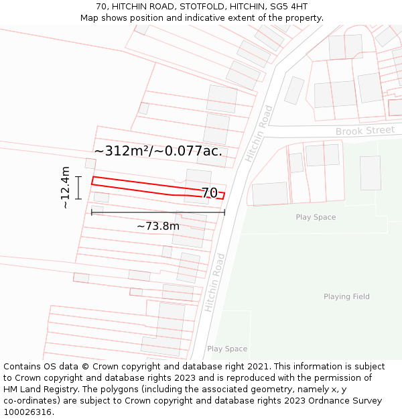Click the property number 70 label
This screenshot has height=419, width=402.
pos(209,193)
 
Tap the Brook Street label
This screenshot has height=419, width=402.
pos(365,131)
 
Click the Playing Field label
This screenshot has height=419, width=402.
pos(346,296)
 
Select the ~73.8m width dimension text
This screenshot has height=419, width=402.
pos(158,226)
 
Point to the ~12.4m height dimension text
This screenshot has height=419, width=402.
pos(65,188)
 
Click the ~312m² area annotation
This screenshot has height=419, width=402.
pos(158,151)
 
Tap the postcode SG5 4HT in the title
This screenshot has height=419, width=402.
pos(289,7)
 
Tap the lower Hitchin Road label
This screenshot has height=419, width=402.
pos(215,282)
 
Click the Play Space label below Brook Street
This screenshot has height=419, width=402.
pos(316,217)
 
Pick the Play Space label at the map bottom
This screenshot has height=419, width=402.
pos(227,349)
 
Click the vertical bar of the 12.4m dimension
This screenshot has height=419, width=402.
pos(78,188)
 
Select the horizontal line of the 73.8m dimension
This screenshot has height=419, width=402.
pos(158,213)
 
